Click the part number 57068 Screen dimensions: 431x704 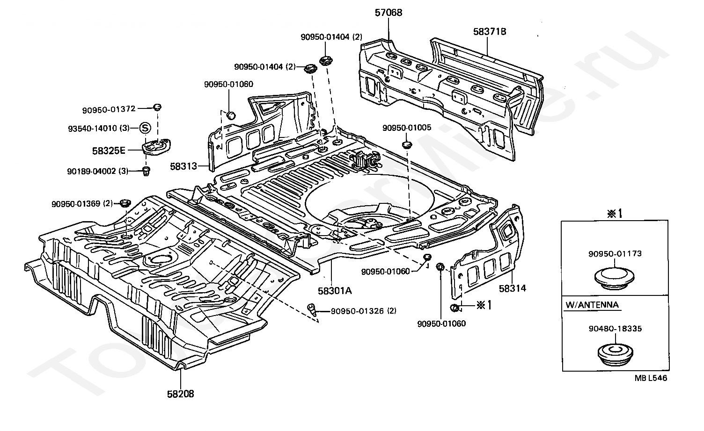[x=388, y=13]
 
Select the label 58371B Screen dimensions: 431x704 [x=489, y=32]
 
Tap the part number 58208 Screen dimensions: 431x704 [x=180, y=394]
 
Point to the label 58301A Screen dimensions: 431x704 [x=334, y=290]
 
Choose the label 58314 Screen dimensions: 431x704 [x=512, y=288]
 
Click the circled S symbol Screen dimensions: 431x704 [x=145, y=128]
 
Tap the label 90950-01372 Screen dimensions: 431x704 [x=109, y=109]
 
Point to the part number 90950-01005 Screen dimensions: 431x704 [x=407, y=127]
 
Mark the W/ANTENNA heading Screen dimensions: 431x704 [x=592, y=305]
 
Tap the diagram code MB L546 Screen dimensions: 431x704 [x=651, y=378]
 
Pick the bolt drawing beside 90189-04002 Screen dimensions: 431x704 [x=146, y=171]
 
